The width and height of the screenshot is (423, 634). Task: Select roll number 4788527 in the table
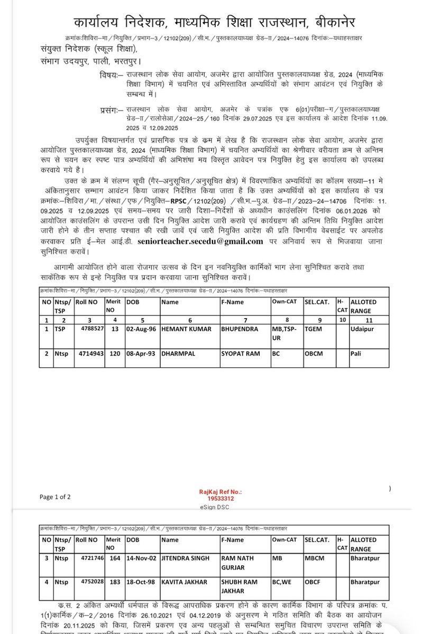[93, 329]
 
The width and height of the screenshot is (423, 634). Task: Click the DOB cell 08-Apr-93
[140, 353]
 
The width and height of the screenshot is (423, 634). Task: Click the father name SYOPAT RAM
[241, 353]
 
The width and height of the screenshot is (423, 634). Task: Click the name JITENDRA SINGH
[186, 558]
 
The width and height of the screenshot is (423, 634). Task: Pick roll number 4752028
[92, 581]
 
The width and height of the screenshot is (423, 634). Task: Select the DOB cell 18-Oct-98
[140, 581]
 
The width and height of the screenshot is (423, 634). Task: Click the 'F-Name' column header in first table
[233, 303]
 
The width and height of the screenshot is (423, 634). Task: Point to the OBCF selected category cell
[313, 581]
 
